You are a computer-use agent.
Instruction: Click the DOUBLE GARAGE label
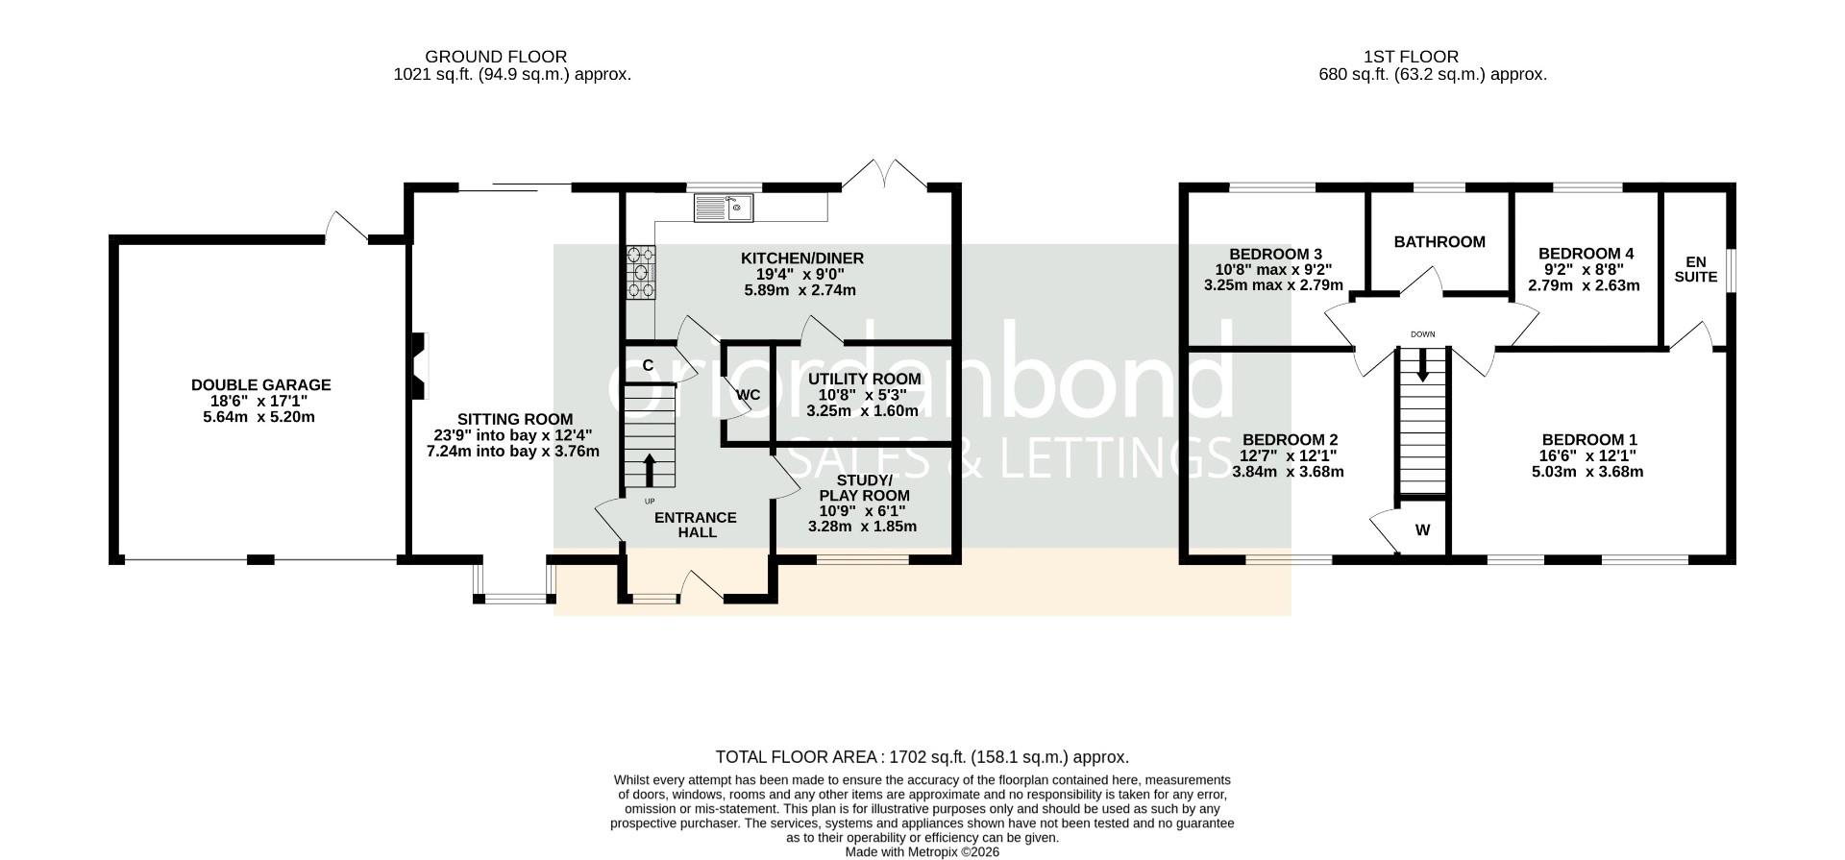[260, 385]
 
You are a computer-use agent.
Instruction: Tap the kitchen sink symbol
[724, 208]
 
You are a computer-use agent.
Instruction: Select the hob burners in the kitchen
[642, 272]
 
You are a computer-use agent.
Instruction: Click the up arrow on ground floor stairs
[649, 471]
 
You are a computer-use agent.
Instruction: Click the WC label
[749, 395]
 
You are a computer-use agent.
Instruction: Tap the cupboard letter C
[648, 365]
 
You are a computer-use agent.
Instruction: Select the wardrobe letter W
[1422, 529]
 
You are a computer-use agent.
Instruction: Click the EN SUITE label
[1696, 269]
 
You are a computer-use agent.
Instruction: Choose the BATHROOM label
[1439, 242]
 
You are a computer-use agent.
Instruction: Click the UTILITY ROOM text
[864, 379]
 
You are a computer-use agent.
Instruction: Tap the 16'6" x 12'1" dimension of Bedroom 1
[1587, 455]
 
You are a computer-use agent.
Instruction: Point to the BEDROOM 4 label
[1586, 254]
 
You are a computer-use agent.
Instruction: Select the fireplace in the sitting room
[418, 365]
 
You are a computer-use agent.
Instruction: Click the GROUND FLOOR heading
[496, 57]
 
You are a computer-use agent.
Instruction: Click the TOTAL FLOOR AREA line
[922, 757]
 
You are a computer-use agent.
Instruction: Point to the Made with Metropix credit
[922, 851]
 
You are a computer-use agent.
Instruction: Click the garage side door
[346, 227]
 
